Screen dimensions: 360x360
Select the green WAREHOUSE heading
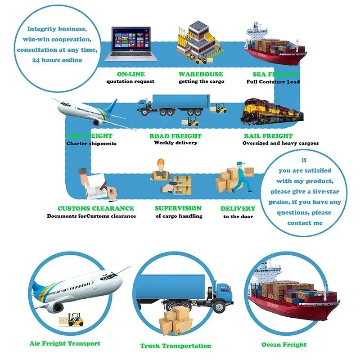[x=201, y=74]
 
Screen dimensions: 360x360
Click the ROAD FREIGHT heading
[x=175, y=136]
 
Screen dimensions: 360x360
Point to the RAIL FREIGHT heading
[x=268, y=136]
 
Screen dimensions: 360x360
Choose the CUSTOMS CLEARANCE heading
[x=95, y=208]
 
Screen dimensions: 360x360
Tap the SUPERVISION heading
[x=178, y=208]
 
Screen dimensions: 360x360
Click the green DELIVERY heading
[x=238, y=208]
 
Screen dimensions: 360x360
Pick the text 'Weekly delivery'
[x=175, y=143]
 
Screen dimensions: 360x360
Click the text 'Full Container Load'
[x=273, y=82]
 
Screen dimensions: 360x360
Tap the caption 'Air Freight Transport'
[x=65, y=343]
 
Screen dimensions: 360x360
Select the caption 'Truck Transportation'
[x=175, y=346]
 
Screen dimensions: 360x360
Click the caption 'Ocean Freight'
[x=284, y=345]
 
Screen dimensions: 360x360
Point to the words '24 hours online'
[x=57, y=60]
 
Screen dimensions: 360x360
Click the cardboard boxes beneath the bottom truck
[x=176, y=319]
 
